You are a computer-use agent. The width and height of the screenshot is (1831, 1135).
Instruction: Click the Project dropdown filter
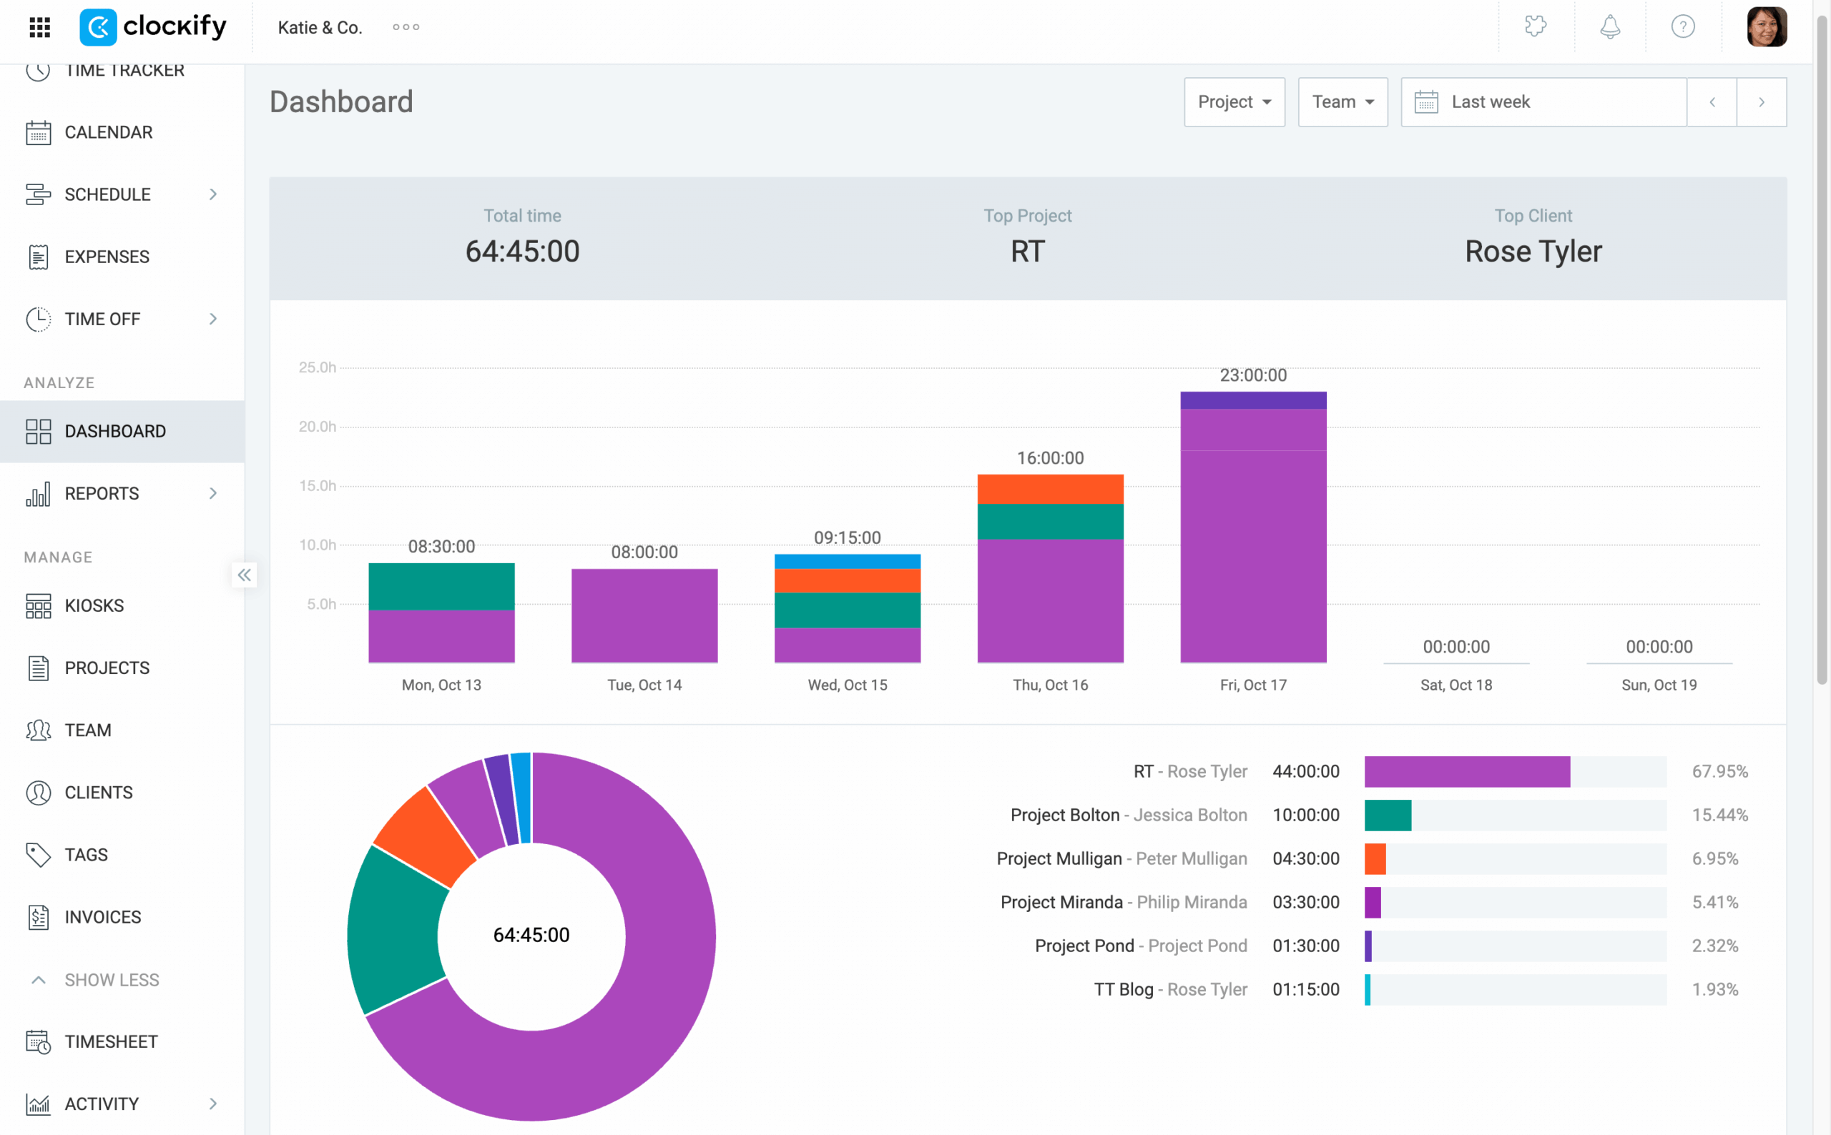click(x=1234, y=101)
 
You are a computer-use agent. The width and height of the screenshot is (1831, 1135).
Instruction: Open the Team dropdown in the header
click(x=1342, y=101)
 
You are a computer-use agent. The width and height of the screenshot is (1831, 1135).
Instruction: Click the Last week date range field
click(x=1543, y=101)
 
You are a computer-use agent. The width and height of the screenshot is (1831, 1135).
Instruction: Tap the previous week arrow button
click(x=1712, y=101)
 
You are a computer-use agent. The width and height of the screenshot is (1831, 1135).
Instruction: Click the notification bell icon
click(x=1609, y=27)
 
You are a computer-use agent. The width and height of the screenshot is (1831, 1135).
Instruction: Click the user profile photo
click(x=1766, y=27)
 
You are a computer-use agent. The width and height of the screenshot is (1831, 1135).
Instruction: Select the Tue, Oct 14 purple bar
click(x=644, y=615)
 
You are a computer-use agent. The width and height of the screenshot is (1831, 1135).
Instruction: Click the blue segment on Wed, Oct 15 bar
click(x=847, y=561)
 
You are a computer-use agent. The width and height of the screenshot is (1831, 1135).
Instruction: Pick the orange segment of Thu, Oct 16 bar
click(x=1050, y=489)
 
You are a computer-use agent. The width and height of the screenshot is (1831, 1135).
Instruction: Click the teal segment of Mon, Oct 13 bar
click(x=441, y=586)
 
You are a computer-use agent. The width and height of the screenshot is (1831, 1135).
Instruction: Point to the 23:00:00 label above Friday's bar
click(x=1252, y=375)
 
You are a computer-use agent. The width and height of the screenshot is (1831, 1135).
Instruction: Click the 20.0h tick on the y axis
click(x=317, y=427)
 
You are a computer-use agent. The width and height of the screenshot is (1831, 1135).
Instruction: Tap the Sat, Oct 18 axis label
click(x=1456, y=685)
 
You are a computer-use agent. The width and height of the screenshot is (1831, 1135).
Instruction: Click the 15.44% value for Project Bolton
click(x=1719, y=815)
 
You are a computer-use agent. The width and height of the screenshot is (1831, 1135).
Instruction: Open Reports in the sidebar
click(x=102, y=493)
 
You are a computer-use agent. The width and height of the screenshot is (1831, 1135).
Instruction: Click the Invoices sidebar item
click(x=103, y=916)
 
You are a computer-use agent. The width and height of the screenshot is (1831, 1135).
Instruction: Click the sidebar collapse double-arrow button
click(x=244, y=575)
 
